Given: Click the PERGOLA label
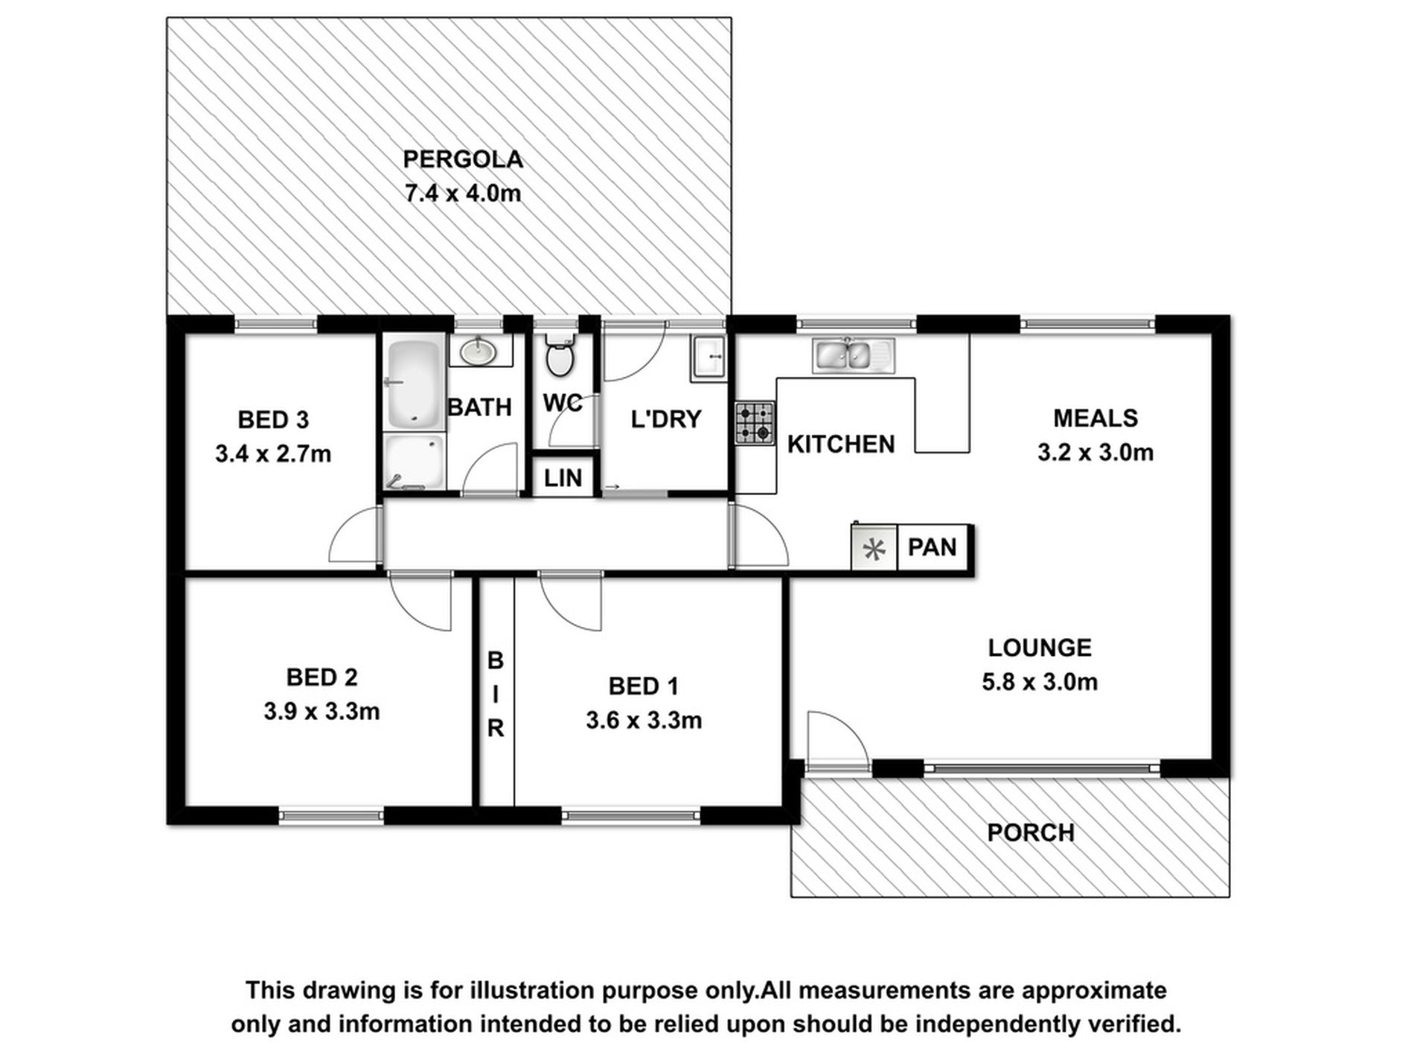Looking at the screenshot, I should point(462,159).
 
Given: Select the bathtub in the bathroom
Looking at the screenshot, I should point(415,384).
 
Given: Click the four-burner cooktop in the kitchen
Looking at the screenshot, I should point(755,423).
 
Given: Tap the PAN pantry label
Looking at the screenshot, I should point(932,548).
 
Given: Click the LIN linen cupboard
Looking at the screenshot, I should point(563,478).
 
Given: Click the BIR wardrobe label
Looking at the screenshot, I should point(496,694).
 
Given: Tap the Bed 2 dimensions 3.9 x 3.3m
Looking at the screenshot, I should point(321,712).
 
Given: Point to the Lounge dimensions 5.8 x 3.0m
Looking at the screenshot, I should point(1039,682).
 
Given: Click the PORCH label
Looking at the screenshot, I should point(1030,832).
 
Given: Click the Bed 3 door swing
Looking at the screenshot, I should point(354,536).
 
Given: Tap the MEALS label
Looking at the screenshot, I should point(1095,418).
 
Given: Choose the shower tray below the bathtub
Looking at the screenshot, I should point(415,462).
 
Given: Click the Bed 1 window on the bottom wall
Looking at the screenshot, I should point(630,817).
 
